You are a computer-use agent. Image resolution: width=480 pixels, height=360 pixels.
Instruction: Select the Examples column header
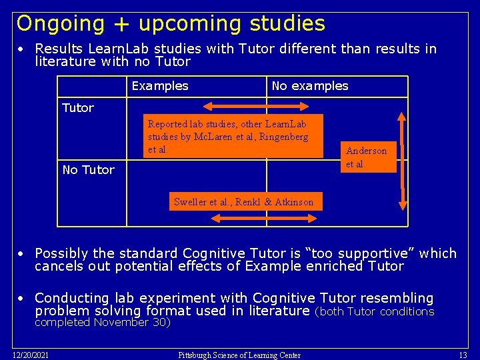(x=160, y=86)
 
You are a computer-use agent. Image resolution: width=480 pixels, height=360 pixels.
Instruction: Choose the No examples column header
(x=310, y=86)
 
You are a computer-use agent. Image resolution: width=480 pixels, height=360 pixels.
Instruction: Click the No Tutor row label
(x=88, y=170)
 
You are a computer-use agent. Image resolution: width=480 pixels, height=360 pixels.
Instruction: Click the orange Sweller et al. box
(x=243, y=202)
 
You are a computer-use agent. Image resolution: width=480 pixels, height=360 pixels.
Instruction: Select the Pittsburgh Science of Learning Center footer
(x=239, y=355)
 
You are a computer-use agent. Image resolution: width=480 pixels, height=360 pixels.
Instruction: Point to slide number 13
(x=462, y=355)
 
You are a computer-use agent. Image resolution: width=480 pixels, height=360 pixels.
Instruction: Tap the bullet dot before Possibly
(x=22, y=254)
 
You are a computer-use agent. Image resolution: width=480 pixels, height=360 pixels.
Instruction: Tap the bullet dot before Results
(x=22, y=49)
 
